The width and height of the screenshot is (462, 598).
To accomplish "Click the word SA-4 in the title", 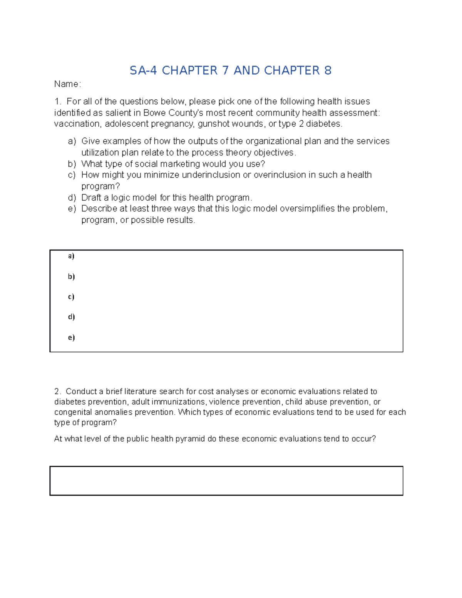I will tap(143, 70).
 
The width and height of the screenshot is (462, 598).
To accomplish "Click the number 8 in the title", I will tap(328, 70).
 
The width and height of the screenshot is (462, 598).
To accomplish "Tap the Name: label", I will tap(67, 84).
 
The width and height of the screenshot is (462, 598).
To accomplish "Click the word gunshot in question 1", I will tap(211, 124).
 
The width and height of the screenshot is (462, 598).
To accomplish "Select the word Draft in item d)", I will tap(91, 198).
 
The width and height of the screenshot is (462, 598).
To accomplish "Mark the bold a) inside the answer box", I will tap(71, 256).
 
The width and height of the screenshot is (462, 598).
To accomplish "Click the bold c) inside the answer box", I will tap(71, 297).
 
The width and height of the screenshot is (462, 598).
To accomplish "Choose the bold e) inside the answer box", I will tap(71, 338).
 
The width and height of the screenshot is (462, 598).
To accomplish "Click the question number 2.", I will tap(57, 392).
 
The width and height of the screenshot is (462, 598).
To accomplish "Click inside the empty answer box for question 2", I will tap(226, 481).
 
